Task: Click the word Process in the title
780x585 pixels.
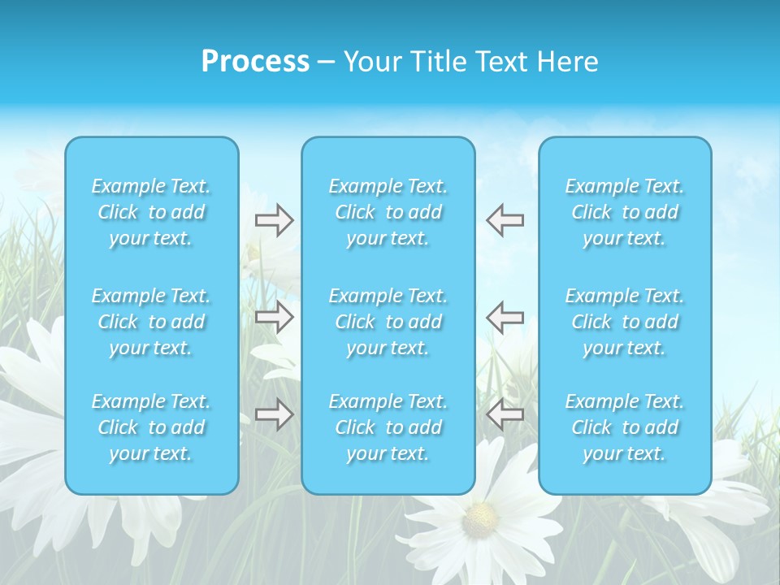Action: coord(255,62)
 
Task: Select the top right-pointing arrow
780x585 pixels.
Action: coord(275,220)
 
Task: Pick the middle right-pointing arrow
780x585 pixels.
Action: coord(275,316)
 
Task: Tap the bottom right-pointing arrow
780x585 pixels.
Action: coord(275,414)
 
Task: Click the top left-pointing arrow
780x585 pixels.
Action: coord(505,220)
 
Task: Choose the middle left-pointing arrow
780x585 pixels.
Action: coord(505,316)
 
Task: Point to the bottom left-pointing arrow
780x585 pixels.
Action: coord(505,414)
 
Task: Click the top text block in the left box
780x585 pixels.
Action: coord(151,212)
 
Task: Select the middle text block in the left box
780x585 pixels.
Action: coord(151,322)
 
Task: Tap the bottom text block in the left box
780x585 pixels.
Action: coord(151,427)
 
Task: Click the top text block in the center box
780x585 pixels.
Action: coord(388,212)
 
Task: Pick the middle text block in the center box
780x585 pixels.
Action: coord(388,322)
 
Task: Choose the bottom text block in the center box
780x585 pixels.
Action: coord(388,427)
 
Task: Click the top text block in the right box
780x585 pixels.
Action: coord(625,212)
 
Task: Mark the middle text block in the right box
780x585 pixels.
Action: coord(625,322)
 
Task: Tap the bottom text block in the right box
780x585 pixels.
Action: coord(625,427)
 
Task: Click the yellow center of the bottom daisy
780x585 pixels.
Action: coord(479,515)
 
